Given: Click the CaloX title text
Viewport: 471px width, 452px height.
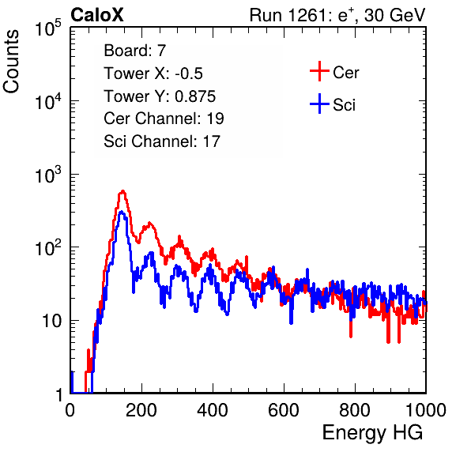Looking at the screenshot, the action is pos(97,15).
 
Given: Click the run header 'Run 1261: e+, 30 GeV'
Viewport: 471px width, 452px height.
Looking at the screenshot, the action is pos(337,15).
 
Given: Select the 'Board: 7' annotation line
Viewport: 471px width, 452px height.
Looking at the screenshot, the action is pos(135,51).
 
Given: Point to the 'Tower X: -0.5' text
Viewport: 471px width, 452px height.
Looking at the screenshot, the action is pos(153,73).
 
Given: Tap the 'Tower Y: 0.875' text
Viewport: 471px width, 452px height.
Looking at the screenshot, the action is pos(160,96).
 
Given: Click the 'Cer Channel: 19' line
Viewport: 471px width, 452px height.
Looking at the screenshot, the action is pos(164,119).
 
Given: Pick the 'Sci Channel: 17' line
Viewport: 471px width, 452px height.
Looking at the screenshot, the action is pos(162,141).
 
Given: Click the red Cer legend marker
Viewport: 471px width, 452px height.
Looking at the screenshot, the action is pos(319,71).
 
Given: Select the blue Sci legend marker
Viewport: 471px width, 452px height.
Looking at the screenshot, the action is pos(319,104).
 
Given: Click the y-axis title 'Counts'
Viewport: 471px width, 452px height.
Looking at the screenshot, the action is pos(11,62).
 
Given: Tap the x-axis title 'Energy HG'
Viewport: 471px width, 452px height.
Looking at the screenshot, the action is pos(372,433).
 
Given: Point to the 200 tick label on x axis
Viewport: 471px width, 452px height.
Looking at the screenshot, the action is pos(141,410).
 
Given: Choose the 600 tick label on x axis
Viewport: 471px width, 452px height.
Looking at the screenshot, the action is pos(284,410).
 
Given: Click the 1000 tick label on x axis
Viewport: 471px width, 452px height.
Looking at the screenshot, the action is pos(426,410).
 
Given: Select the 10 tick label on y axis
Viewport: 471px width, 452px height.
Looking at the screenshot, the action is pos(52,321).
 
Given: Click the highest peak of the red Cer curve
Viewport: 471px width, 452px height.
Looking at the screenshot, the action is pos(122,191).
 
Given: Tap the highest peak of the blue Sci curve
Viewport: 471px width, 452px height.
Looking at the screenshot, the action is pos(121,213).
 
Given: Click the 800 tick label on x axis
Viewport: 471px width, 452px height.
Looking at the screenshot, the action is pos(355,410).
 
